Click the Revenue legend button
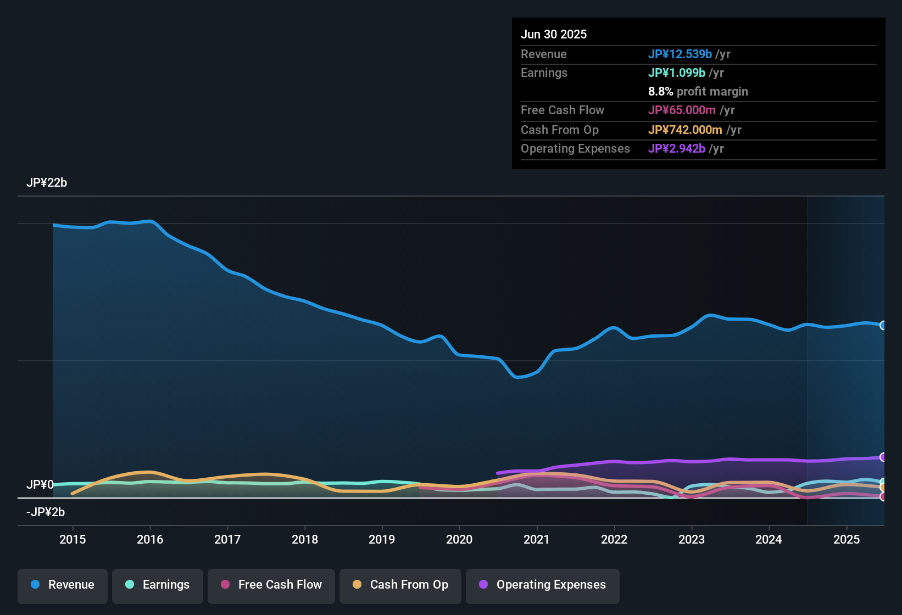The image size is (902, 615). (x=63, y=585)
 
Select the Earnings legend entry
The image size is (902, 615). (x=158, y=585)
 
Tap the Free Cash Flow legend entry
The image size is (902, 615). (x=271, y=585)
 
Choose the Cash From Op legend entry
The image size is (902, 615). (x=400, y=585)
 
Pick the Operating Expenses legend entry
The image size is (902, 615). (x=543, y=585)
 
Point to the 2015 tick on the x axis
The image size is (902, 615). (x=73, y=539)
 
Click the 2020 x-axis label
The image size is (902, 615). (x=459, y=539)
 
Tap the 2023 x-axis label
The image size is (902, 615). (x=692, y=539)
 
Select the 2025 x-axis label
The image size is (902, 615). (x=847, y=539)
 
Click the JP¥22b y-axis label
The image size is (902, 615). (x=47, y=183)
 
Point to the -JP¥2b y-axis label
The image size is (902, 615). (x=46, y=512)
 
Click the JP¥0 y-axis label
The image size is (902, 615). (x=40, y=485)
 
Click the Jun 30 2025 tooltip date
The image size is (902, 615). (x=554, y=35)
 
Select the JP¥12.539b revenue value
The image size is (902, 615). (x=680, y=54)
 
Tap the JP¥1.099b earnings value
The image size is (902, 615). (x=677, y=73)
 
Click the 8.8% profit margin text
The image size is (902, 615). (x=698, y=92)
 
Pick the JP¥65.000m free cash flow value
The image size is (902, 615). (x=682, y=110)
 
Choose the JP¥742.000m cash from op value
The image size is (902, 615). (x=685, y=130)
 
